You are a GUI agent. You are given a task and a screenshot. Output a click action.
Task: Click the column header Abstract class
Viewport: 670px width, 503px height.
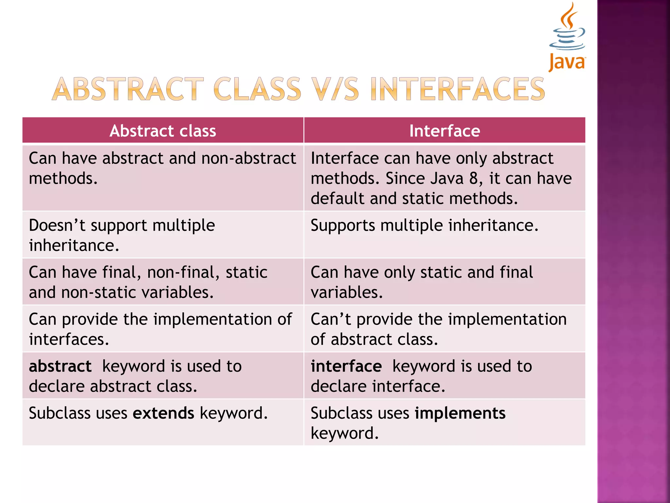tap(163, 131)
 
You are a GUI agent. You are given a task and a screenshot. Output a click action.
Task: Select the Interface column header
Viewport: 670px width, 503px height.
tap(444, 131)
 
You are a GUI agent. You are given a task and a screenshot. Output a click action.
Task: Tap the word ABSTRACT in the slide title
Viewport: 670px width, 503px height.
tap(128, 89)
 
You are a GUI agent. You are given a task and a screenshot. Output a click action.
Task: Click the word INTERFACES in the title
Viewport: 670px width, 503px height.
tap(457, 89)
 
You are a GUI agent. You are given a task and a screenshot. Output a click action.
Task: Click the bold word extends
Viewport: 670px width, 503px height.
tap(163, 413)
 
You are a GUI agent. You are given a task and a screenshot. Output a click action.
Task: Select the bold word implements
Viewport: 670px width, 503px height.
tap(460, 413)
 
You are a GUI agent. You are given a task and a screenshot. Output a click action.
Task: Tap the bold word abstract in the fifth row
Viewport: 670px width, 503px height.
tap(60, 366)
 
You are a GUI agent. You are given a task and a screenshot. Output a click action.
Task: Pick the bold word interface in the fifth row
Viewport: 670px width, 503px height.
tap(346, 366)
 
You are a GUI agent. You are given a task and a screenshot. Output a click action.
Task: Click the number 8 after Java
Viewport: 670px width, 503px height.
tap(473, 179)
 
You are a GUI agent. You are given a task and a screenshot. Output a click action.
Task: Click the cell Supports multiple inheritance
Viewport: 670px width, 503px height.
tap(424, 226)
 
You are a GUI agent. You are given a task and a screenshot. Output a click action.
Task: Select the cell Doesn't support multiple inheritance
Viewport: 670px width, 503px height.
tap(122, 235)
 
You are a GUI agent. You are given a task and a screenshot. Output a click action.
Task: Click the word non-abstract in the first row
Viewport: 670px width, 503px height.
tap(249, 158)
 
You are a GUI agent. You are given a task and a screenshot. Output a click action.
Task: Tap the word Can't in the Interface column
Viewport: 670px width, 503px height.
tap(330, 319)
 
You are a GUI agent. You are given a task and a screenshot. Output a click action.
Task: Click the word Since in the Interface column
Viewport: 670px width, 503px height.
tap(405, 179)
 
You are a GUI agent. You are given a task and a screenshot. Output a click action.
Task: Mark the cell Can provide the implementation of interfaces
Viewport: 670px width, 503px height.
tap(160, 329)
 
